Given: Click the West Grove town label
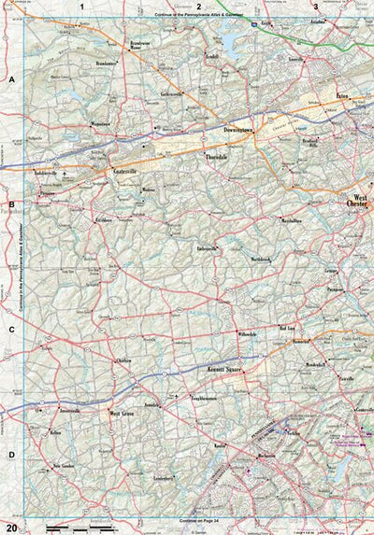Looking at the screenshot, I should pos(124,412).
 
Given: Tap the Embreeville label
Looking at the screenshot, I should pos(205,249).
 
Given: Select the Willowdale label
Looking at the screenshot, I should pos(245,333).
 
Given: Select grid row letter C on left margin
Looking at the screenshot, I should pos(11,330).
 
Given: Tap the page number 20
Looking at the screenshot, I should pos(11,528).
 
